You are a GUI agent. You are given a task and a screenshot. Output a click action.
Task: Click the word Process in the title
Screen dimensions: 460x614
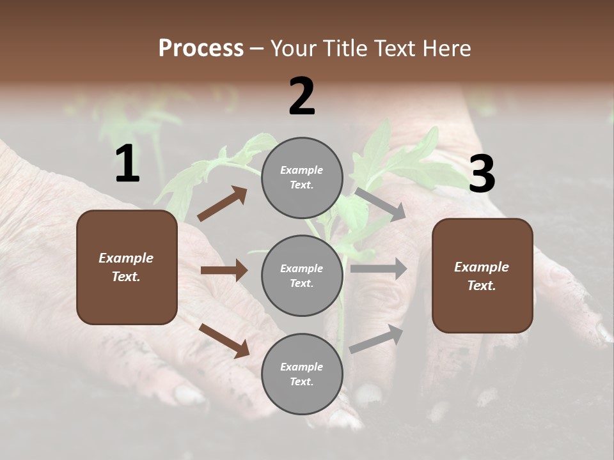coord(201,49)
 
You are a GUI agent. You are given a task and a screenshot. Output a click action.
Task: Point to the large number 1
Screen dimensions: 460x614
coord(127,164)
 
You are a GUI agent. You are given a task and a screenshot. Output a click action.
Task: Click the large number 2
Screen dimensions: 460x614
coord(302,96)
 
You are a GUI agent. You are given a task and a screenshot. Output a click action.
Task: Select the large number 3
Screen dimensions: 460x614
coord(482,174)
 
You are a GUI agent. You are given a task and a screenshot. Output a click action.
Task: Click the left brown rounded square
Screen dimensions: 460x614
coord(127,267)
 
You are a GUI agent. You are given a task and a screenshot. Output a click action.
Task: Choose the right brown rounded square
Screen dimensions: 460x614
coord(482,276)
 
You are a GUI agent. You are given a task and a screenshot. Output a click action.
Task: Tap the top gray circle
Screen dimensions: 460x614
coord(302,178)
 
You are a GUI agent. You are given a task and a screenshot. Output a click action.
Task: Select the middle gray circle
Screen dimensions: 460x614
coord(302,276)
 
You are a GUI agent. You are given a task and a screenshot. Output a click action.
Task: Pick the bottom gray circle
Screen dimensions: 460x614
coord(302,374)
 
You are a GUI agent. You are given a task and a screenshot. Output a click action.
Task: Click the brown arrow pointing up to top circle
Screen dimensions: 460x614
coord(222,203)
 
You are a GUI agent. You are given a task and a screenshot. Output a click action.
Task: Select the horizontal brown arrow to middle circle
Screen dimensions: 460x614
coord(224,270)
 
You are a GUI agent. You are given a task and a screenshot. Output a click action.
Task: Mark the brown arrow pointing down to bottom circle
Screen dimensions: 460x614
coord(224,340)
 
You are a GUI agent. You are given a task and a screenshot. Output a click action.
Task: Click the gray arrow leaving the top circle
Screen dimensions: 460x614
coord(381,204)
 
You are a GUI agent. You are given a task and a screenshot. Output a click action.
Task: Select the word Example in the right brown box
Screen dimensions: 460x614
coord(482,267)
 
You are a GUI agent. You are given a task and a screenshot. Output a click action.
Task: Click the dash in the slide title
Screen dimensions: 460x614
coord(257,49)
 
